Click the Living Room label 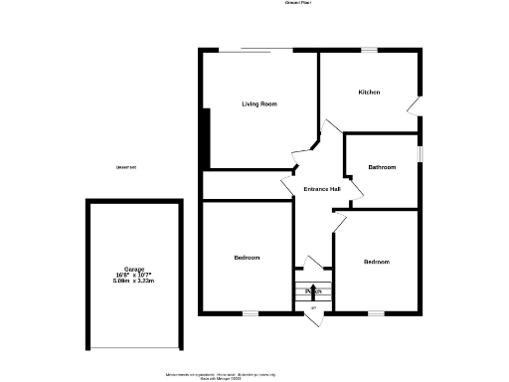point(259,103)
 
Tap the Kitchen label point(369,93)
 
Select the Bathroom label point(382,167)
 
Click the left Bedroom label point(247,258)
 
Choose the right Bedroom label point(376,262)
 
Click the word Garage point(134,270)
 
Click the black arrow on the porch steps point(313,290)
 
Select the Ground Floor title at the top point(299,4)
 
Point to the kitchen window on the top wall point(369,50)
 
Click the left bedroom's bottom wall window point(251,313)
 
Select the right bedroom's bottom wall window point(376,313)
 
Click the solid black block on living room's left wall point(205,139)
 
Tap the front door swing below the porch point(312,310)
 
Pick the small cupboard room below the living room point(248,185)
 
